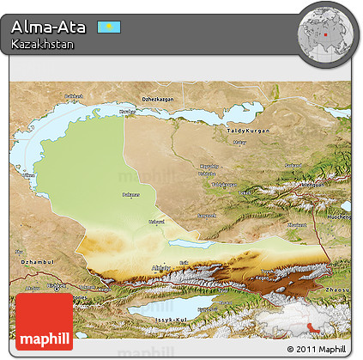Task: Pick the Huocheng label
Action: [337, 217]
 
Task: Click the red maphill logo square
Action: [45, 321]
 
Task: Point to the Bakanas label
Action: [130, 195]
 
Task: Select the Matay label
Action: [239, 142]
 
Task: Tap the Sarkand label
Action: [293, 163]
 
